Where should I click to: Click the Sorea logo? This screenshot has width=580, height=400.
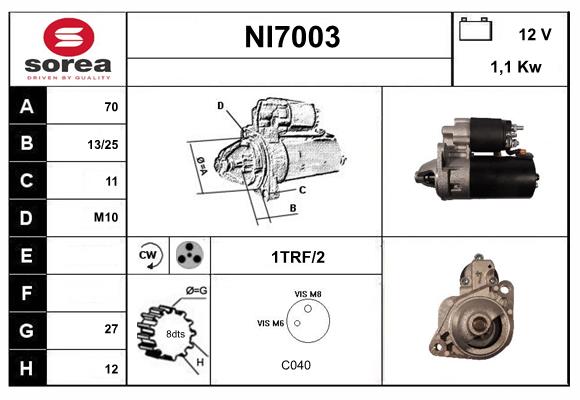click(x=68, y=48)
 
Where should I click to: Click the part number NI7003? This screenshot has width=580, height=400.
click(x=292, y=38)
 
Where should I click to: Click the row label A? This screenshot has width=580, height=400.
click(x=26, y=106)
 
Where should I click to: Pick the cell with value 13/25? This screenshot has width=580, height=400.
click(x=103, y=144)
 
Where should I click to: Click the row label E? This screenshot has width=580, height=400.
click(x=26, y=255)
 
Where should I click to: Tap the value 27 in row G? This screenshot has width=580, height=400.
click(x=111, y=329)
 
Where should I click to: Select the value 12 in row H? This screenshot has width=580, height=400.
click(x=111, y=367)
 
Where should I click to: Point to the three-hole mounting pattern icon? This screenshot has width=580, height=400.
click(x=188, y=255)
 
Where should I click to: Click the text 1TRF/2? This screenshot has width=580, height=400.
click(x=297, y=256)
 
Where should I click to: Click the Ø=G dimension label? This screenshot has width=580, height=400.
click(x=196, y=291)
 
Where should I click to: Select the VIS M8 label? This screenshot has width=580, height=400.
click(x=308, y=292)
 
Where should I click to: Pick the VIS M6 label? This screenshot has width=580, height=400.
click(x=270, y=323)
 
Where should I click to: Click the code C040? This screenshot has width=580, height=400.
click(x=296, y=365)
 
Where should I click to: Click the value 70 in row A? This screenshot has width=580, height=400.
click(x=111, y=106)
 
